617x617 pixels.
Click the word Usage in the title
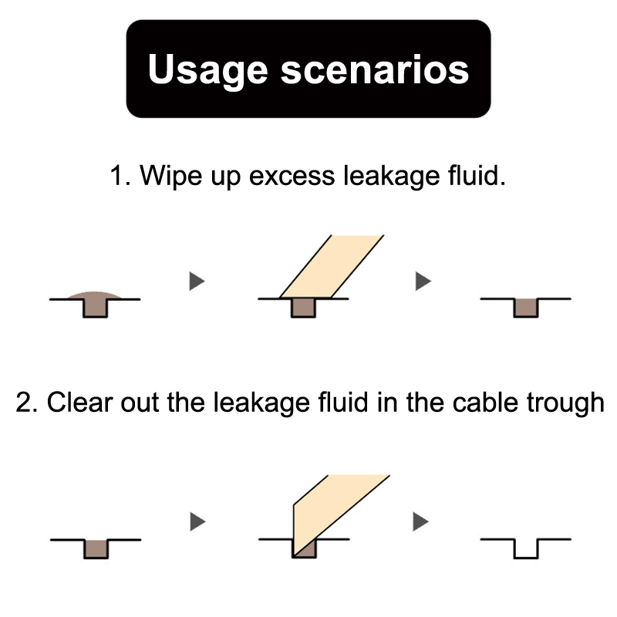206,69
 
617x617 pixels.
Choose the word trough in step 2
563,403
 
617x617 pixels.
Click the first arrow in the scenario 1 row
197,282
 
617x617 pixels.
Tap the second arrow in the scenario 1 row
422,282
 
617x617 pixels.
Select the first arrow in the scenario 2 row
197,522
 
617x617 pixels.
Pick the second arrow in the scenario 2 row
420,522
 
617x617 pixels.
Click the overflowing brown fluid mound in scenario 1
96,294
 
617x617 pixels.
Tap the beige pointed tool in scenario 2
332,509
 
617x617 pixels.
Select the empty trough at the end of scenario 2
526,548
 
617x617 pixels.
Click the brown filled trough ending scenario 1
526,307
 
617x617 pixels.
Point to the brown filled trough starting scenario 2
96,548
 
